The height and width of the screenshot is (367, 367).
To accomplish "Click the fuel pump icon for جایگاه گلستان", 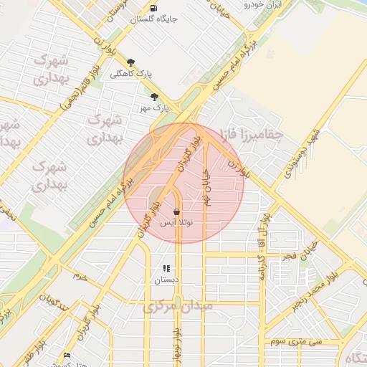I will click(154, 8).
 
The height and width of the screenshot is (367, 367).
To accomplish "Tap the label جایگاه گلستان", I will click(154, 19).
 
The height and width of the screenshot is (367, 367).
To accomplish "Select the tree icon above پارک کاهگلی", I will click(130, 62).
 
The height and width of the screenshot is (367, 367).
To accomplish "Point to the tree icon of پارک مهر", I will click(154, 97).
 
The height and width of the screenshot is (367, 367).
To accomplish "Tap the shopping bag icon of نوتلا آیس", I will click(176, 212).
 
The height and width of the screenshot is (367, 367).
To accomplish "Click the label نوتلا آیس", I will click(176, 224).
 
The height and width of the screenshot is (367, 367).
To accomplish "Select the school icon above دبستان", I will click(166, 269).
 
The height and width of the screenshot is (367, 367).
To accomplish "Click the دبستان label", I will click(168, 280).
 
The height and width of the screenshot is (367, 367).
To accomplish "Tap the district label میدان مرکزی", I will click(178, 307).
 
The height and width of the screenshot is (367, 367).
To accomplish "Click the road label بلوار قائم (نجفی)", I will click(80, 85).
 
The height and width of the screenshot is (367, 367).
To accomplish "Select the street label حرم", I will click(81, 275).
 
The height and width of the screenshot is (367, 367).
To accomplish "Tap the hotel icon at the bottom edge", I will click(67, 356).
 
